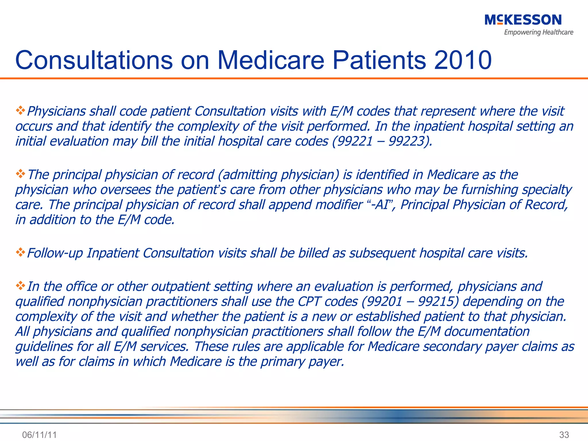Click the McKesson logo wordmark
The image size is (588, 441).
pyautogui.click(x=523, y=20)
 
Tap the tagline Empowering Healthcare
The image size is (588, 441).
pyautogui.click(x=538, y=32)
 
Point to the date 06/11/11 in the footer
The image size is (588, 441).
pyautogui.click(x=39, y=435)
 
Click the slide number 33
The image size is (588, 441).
pyautogui.click(x=564, y=435)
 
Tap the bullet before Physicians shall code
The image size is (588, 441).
pyautogui.click(x=20, y=110)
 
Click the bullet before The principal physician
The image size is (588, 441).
pyautogui.click(x=20, y=174)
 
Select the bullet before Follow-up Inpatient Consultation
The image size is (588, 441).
pyautogui.click(x=20, y=252)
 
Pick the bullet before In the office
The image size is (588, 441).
pyautogui.click(x=20, y=286)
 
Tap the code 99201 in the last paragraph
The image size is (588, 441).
pyautogui.click(x=384, y=301)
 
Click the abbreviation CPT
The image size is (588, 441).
pyautogui.click(x=309, y=301)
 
